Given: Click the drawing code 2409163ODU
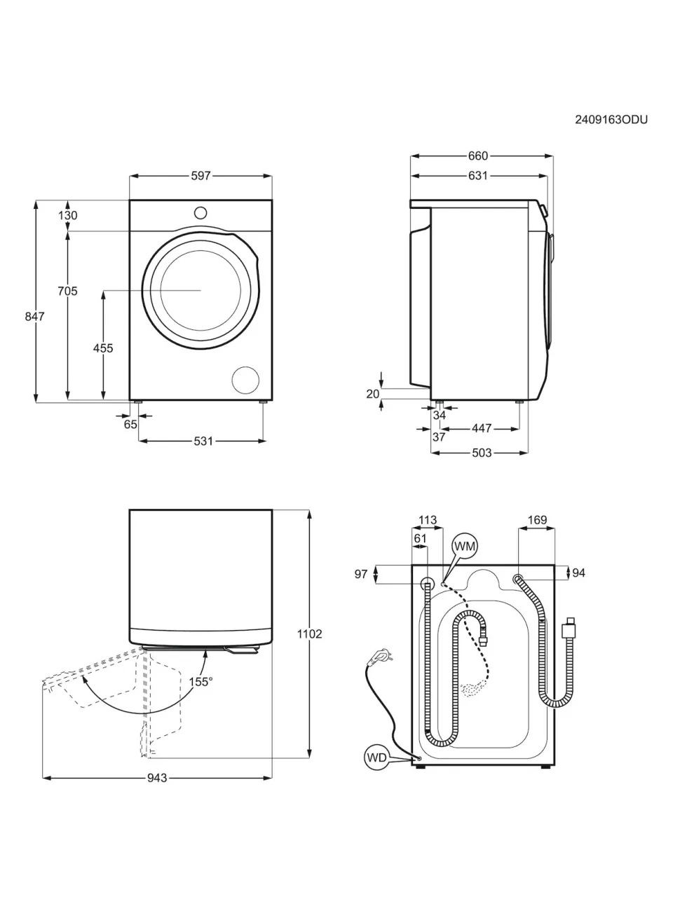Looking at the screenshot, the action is click(x=611, y=119).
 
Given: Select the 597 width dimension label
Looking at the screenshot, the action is click(x=200, y=176).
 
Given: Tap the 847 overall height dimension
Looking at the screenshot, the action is click(x=34, y=316).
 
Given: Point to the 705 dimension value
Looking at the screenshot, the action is click(x=67, y=291).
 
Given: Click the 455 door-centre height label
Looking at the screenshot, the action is click(x=103, y=348).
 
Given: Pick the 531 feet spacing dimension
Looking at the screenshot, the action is click(x=203, y=441).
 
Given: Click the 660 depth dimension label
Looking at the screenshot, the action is click(x=478, y=156).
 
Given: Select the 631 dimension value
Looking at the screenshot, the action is click(x=478, y=176).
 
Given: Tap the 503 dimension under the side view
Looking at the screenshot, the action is click(x=482, y=453).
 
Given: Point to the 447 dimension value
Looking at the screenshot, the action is click(x=482, y=428).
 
